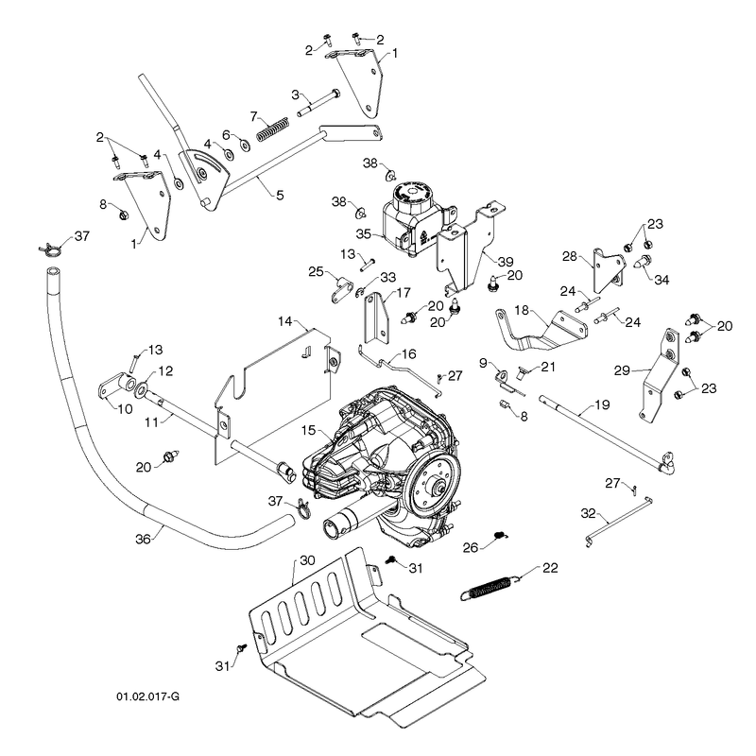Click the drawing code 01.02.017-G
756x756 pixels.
pyautogui.click(x=147, y=696)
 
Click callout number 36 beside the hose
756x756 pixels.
pyautogui.click(x=144, y=539)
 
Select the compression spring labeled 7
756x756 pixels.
pyautogui.click(x=272, y=129)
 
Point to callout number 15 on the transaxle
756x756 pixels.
pyautogui.click(x=309, y=430)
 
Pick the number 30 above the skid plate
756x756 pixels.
pyautogui.click(x=308, y=560)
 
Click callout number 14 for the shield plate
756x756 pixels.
pyautogui.click(x=285, y=320)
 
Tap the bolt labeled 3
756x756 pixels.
pyautogui.click(x=318, y=103)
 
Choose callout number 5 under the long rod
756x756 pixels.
pyautogui.click(x=280, y=195)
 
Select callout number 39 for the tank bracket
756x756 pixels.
pyautogui.click(x=506, y=262)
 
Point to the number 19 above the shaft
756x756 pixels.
pyautogui.click(x=602, y=404)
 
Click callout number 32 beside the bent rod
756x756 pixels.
pyautogui.click(x=588, y=513)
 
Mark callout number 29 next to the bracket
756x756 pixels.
pyautogui.click(x=622, y=370)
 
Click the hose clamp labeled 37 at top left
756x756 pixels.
pyautogui.click(x=50, y=249)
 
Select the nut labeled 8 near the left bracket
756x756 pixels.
pyautogui.click(x=124, y=214)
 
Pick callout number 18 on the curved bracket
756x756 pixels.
pyautogui.click(x=522, y=310)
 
